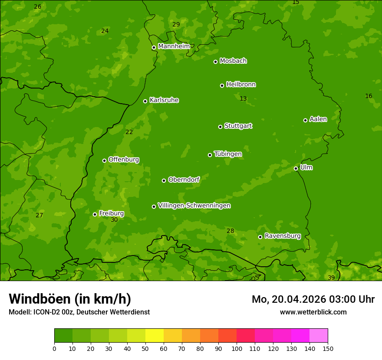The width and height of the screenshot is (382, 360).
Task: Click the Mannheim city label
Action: (174, 46)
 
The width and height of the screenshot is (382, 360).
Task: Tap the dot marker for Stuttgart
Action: (220, 127)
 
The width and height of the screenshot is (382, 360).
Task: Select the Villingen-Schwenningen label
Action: (194, 206)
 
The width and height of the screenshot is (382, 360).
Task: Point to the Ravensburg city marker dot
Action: (260, 237)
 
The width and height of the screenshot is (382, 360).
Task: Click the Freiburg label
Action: (111, 213)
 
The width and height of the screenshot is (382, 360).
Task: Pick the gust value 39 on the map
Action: (331, 278)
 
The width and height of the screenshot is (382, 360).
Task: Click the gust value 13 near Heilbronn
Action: (243, 99)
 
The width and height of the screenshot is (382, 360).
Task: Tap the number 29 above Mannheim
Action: (176, 25)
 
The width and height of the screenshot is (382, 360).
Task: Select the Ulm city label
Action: (306, 167)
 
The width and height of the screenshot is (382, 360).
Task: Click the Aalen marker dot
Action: (305, 120)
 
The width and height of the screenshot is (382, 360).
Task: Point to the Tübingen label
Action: (227, 154)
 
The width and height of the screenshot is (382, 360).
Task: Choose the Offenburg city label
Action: (124, 160)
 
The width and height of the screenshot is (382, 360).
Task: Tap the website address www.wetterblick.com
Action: (313, 312)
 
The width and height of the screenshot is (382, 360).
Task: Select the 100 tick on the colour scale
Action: (237, 348)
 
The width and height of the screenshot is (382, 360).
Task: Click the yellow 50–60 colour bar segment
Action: (155, 336)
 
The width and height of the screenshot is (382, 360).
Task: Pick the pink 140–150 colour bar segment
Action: (319, 336)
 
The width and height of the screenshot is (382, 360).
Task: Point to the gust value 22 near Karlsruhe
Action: (129, 132)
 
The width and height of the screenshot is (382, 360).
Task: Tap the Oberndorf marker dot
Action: (164, 180)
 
